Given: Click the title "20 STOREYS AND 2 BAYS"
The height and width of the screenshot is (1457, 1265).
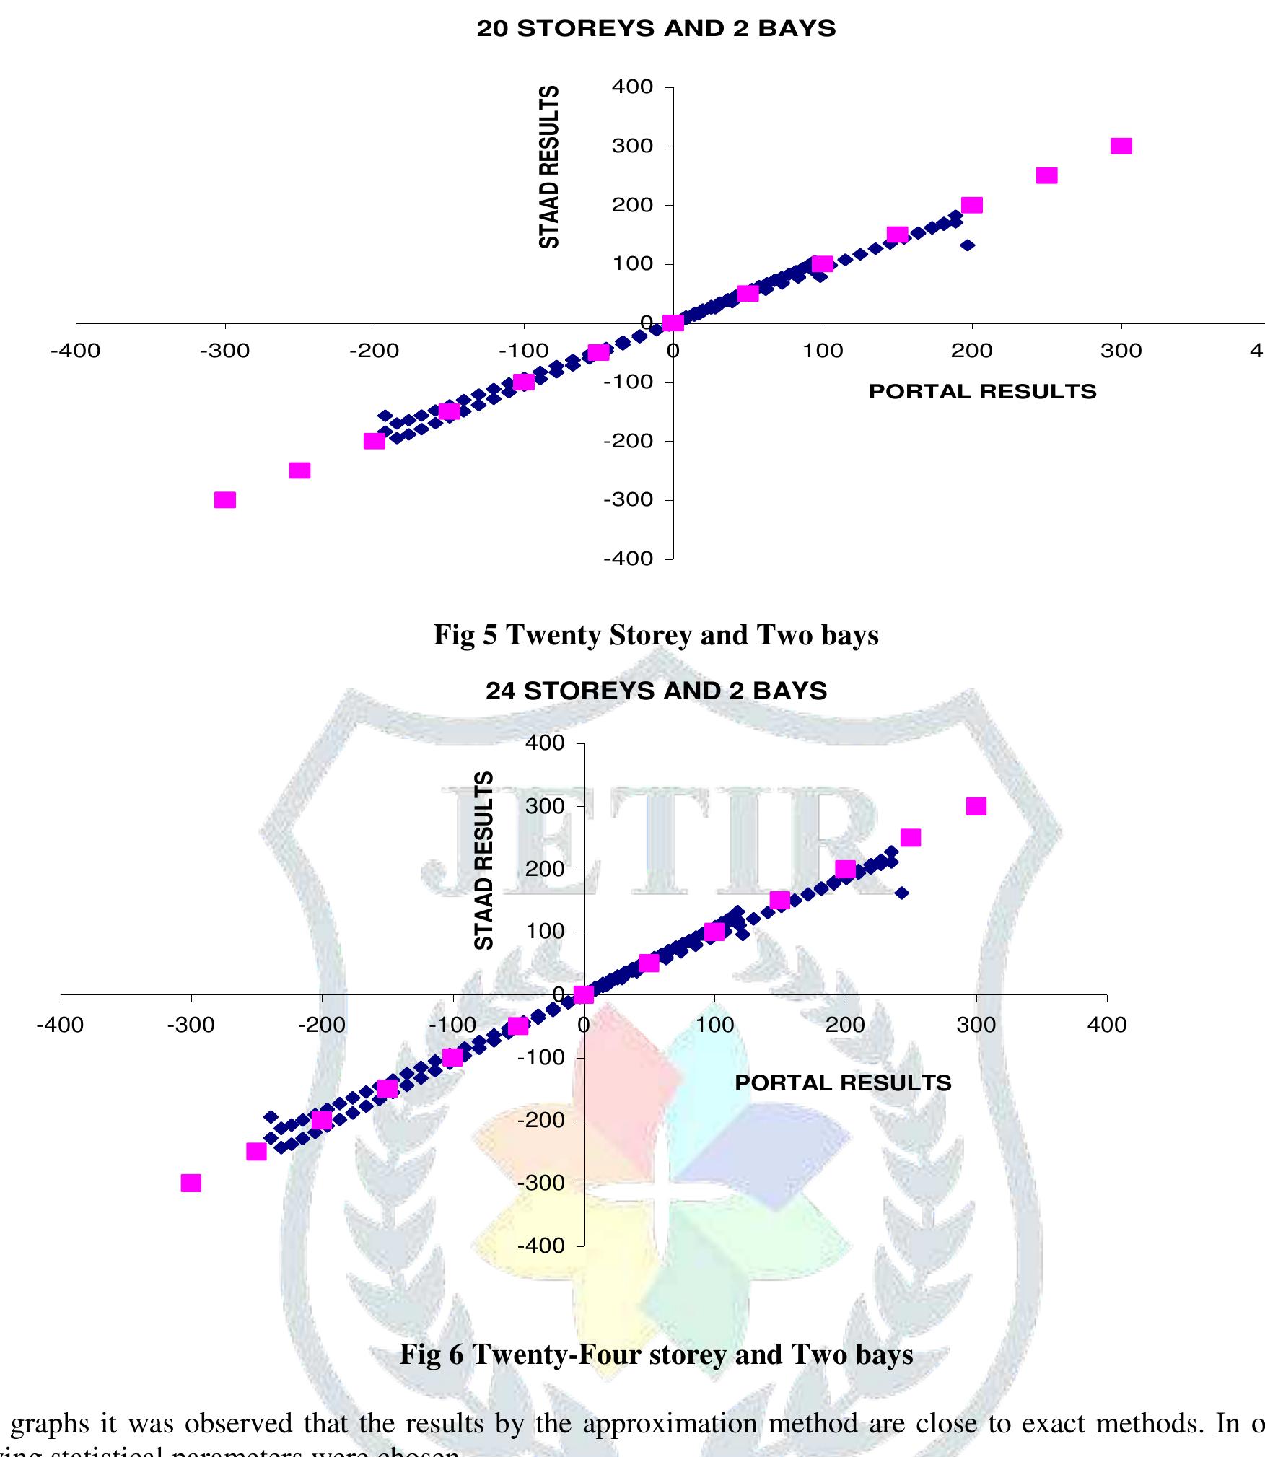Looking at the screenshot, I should click(x=656, y=29).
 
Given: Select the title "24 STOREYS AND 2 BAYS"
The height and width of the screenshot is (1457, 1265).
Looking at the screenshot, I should click(x=656, y=691).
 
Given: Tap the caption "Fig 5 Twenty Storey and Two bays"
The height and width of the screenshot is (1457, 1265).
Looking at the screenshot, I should click(x=656, y=634).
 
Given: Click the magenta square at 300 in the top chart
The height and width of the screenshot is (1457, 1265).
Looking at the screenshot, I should click(x=1121, y=146).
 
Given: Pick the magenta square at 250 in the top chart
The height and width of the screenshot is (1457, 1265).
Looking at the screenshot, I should click(x=1046, y=175).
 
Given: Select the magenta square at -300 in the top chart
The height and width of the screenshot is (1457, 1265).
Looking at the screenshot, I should click(x=225, y=500).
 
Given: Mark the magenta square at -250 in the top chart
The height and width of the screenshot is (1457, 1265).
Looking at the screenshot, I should click(x=299, y=471).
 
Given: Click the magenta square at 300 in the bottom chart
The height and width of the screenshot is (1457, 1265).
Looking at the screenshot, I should click(x=976, y=806).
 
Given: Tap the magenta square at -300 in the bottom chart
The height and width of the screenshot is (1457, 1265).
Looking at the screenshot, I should click(x=191, y=1183).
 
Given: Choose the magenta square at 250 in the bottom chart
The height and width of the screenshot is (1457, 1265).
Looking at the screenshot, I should click(x=911, y=837).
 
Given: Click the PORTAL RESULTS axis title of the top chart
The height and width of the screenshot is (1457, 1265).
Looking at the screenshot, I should click(x=982, y=392).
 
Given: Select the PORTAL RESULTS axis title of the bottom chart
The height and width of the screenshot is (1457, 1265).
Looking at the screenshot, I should click(x=843, y=1082).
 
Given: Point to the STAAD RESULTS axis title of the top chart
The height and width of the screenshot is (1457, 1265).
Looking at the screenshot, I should click(x=549, y=167).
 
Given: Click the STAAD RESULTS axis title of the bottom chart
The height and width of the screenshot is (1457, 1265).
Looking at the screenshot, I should click(x=484, y=860).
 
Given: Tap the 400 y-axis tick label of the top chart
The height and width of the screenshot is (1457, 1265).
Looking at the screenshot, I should click(x=632, y=87).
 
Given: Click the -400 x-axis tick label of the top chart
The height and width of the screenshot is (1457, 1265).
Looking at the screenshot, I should click(x=75, y=351).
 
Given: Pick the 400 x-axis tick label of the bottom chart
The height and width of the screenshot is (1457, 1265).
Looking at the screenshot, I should click(x=1106, y=1025).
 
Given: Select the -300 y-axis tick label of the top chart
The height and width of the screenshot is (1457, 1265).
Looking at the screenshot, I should click(x=628, y=499).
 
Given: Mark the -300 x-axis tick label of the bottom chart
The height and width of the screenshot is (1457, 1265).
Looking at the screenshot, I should click(x=191, y=1025).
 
